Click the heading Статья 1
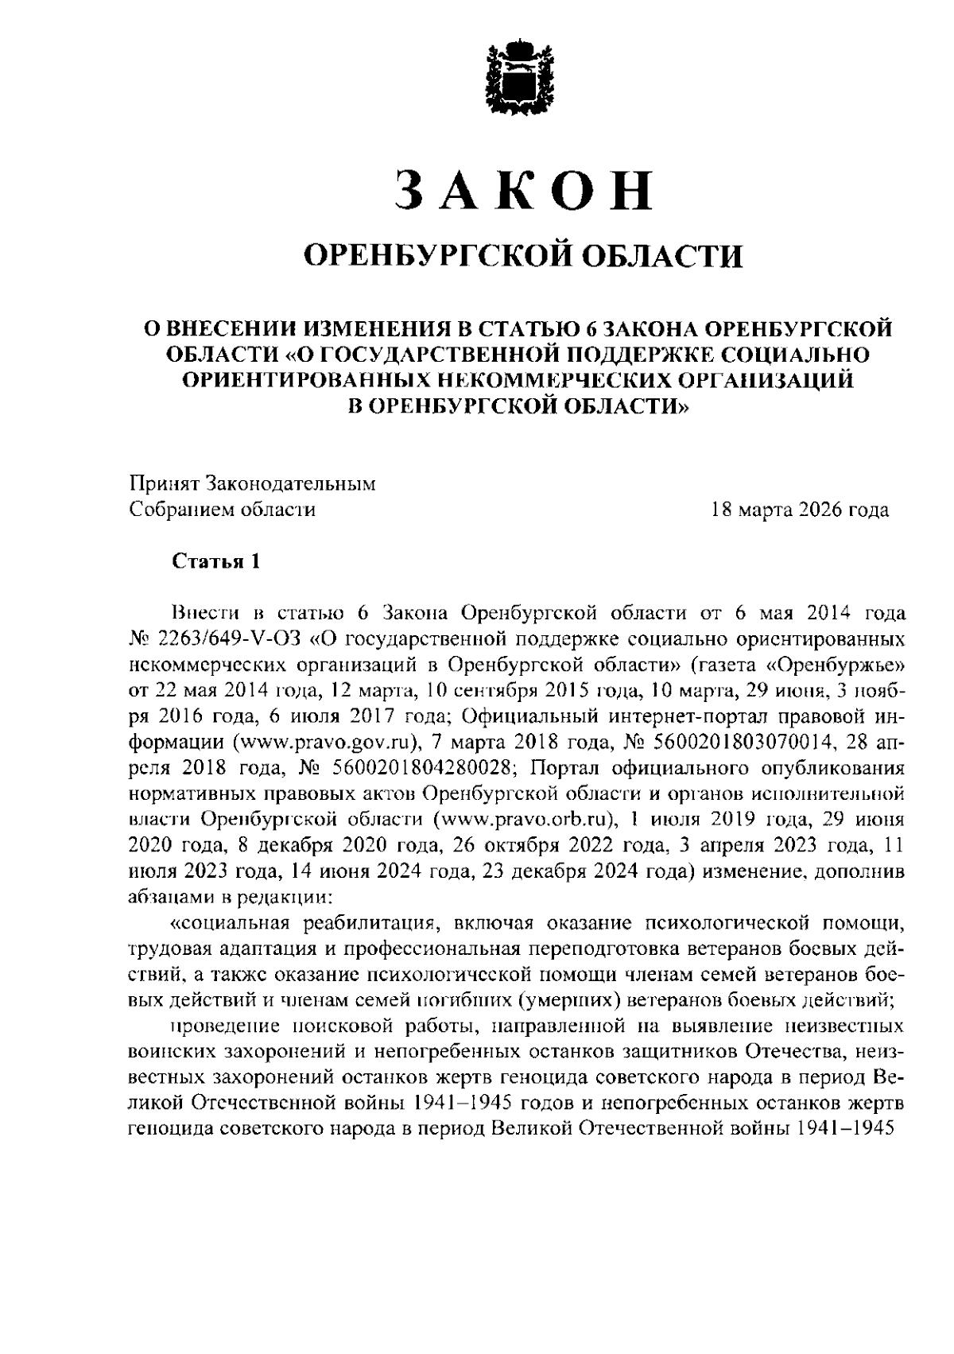point(216,561)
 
